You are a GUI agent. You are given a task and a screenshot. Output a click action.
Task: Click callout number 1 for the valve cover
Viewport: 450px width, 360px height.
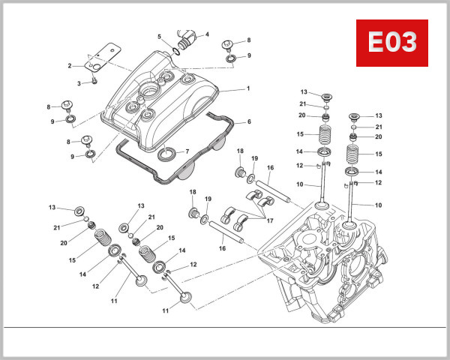pyautogui.click(x=247, y=88)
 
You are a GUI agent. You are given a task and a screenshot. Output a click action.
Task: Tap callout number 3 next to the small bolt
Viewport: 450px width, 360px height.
pyautogui.click(x=207, y=34)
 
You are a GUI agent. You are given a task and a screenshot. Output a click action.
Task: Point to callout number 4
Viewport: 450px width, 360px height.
pyautogui.click(x=159, y=37)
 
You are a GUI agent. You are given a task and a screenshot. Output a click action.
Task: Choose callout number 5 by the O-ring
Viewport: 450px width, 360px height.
pyautogui.click(x=248, y=121)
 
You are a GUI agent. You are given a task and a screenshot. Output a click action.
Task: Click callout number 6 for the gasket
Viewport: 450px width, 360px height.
pyautogui.click(x=187, y=151)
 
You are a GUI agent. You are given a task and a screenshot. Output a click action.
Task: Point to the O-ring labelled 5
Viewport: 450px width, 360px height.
pyautogui.click(x=175, y=49)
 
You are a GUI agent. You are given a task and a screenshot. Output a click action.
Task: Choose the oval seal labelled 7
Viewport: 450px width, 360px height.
pyautogui.click(x=166, y=155)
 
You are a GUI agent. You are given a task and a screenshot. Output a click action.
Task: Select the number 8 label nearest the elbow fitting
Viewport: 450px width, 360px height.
pyautogui.click(x=248, y=40)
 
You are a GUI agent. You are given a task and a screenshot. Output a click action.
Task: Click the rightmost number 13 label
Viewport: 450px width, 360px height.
pyautogui.click(x=379, y=115)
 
